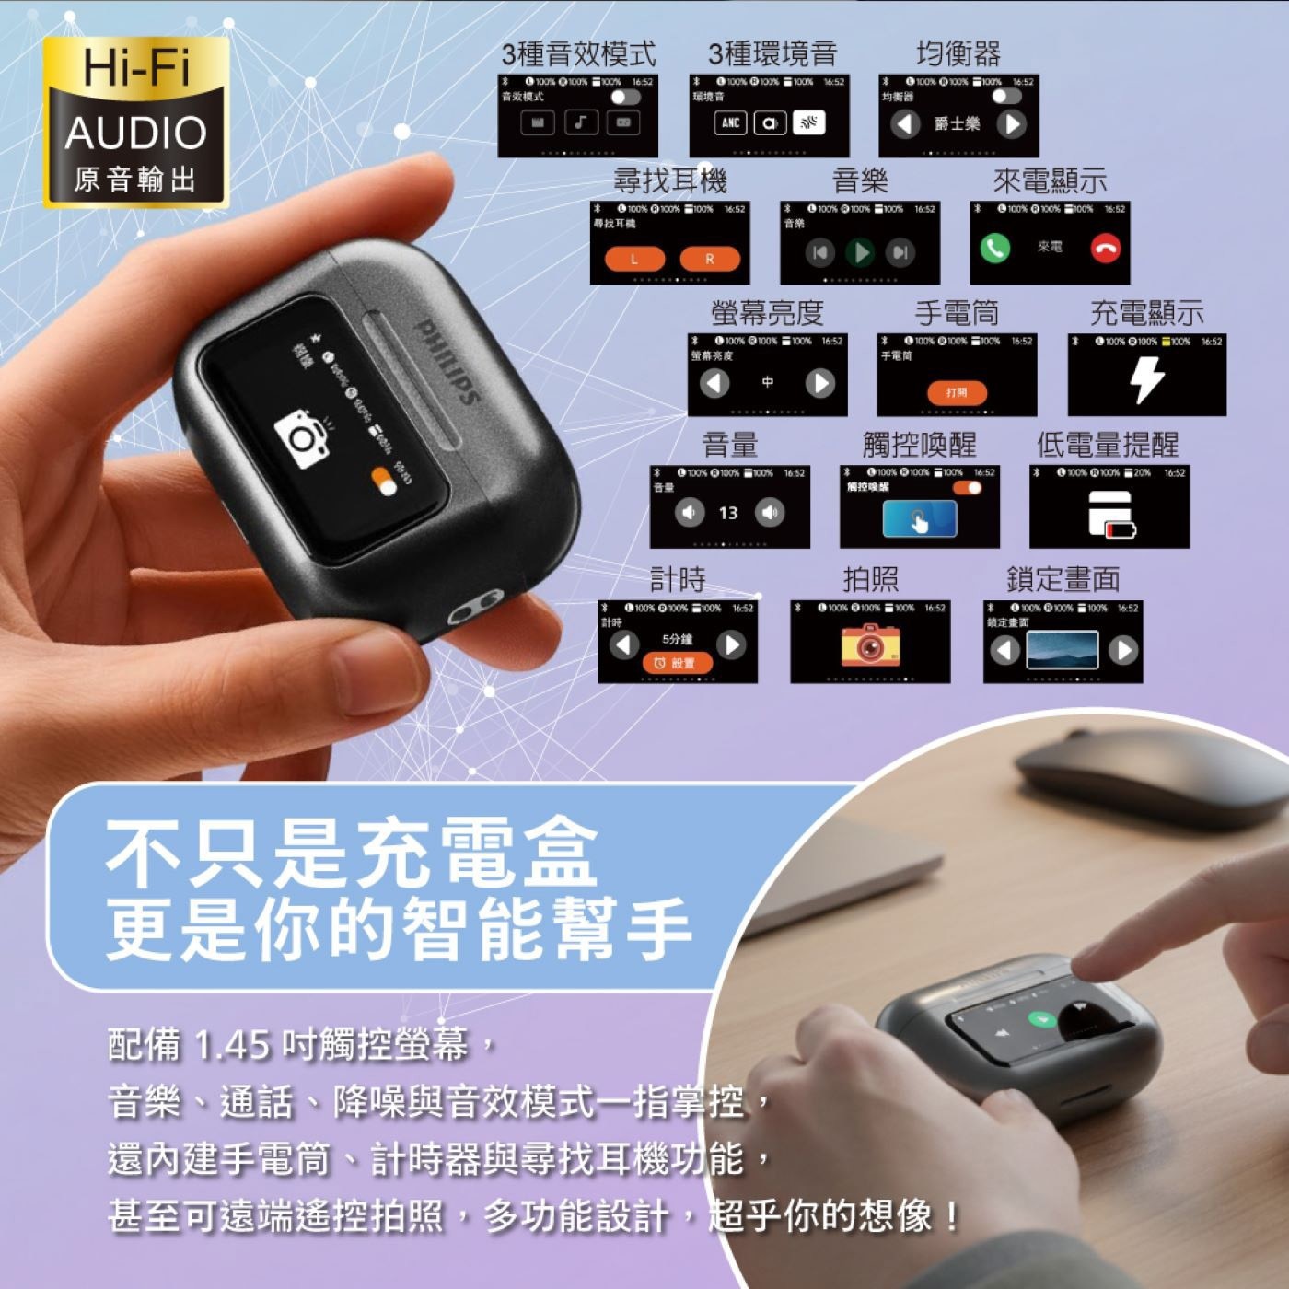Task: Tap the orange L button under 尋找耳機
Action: [x=633, y=260]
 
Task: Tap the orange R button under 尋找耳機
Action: [x=709, y=260]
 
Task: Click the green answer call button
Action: [x=994, y=248]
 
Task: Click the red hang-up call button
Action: [x=1105, y=248]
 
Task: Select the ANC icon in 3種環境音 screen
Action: [x=730, y=122]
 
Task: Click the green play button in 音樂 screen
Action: [x=860, y=252]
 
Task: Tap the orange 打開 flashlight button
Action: [x=957, y=392]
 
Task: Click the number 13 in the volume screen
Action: [x=728, y=513]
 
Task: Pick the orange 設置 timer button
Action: [x=677, y=663]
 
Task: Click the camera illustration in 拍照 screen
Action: [x=869, y=644]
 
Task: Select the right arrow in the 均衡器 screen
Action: [x=1011, y=124]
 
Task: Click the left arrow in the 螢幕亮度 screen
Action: [x=714, y=383]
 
